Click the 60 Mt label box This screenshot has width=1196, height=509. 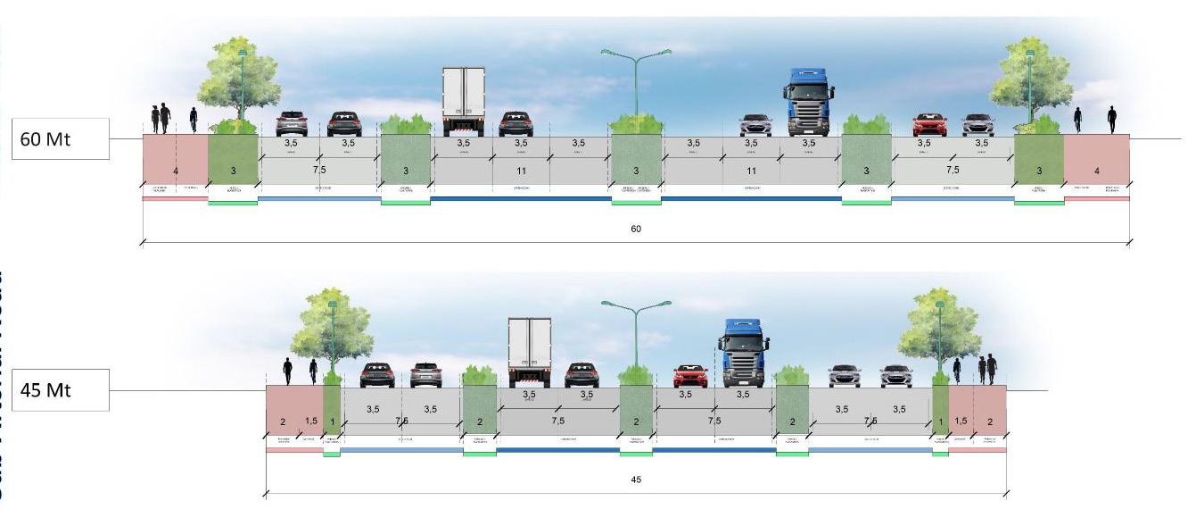59,139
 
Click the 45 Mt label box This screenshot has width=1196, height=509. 59,390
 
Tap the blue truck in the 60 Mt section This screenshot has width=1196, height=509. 808,102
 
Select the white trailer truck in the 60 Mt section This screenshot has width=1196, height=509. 463,101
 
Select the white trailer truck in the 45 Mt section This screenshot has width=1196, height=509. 530,352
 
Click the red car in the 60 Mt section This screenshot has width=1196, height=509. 929,124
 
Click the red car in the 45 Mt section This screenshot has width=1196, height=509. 690,375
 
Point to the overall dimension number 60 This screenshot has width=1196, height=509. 636,229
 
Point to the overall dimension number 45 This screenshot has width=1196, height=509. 636,480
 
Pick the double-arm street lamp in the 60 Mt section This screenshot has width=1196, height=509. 636,80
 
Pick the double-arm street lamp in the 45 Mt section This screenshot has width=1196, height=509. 636,330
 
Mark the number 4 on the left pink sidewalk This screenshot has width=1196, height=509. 176,171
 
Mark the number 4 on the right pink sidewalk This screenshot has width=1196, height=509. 1096,171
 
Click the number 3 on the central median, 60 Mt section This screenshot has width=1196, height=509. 636,171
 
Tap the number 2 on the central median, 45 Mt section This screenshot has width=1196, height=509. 636,421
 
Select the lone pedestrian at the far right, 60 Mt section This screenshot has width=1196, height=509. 1112,120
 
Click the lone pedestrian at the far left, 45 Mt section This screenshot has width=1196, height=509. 287,371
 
